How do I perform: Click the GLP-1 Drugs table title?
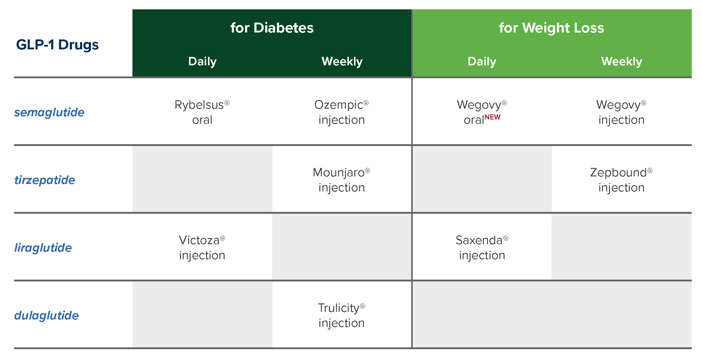57,45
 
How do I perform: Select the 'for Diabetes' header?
272,28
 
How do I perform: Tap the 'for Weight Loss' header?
551,28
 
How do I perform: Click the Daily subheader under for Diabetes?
202,61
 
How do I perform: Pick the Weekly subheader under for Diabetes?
342,61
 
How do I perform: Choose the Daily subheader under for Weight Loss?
482,61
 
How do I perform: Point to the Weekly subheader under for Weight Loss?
622,61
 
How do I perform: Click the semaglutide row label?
49,113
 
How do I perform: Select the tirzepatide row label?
45,180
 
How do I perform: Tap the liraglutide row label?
43,248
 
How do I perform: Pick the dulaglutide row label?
46,315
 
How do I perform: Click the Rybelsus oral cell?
202,112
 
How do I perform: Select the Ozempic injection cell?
342,112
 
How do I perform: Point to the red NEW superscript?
492,117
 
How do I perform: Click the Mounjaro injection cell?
342,180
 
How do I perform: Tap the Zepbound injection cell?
621,180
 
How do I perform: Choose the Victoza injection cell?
202,248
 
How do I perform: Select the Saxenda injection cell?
482,248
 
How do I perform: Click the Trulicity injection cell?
342,315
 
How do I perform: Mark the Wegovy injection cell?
621,112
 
